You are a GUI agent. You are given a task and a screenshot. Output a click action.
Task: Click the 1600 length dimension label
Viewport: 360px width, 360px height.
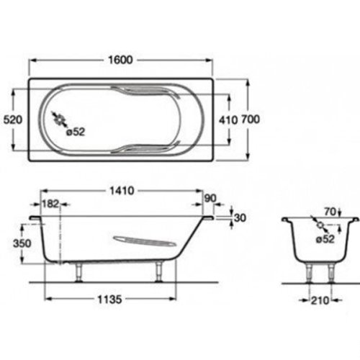[x=120, y=60]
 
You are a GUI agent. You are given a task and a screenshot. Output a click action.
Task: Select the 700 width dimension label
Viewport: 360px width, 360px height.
[x=251, y=120]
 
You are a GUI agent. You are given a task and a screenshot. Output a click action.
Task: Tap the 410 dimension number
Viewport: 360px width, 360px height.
[x=228, y=120]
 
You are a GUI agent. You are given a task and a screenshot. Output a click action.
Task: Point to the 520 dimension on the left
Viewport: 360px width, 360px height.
[x=13, y=120]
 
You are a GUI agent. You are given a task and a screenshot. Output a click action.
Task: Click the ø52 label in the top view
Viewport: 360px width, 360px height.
[x=76, y=132]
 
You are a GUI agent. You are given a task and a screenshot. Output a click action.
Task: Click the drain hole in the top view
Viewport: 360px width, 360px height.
[x=59, y=119]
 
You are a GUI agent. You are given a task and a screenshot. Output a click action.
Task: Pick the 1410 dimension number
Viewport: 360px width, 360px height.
[x=122, y=191]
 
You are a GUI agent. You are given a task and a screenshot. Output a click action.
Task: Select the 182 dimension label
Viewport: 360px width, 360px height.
[x=50, y=204]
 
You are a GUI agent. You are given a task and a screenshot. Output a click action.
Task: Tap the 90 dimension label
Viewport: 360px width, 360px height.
[x=210, y=198]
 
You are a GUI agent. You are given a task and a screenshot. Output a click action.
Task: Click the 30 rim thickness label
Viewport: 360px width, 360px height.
[x=240, y=217]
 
